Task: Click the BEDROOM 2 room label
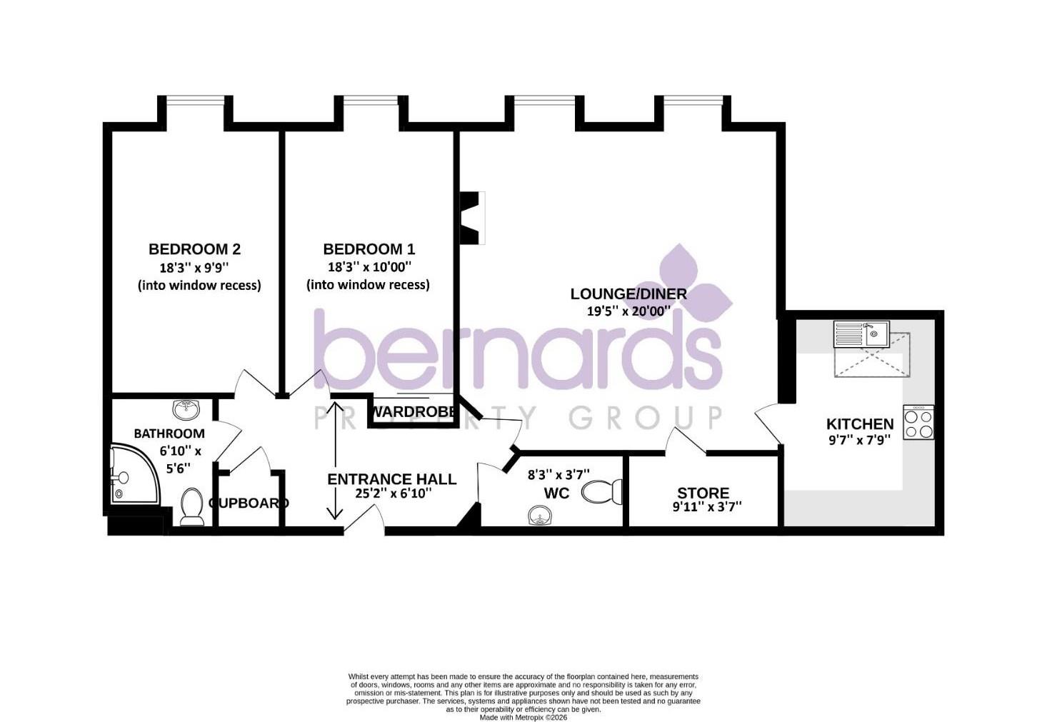pyautogui.click(x=194, y=249)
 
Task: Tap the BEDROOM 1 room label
pyautogui.click(x=369, y=249)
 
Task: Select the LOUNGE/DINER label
pyautogui.click(x=628, y=294)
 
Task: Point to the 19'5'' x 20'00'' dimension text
pyautogui.click(x=628, y=311)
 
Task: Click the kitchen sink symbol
pyautogui.click(x=861, y=335)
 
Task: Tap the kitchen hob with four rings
pyautogui.click(x=918, y=423)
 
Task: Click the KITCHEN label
pyautogui.click(x=860, y=424)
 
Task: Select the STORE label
pyautogui.click(x=703, y=493)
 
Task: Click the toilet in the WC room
pyautogui.click(x=602, y=492)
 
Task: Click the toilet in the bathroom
pyautogui.click(x=191, y=507)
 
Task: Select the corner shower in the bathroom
pyautogui.click(x=136, y=474)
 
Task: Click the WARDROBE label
pyautogui.click(x=414, y=412)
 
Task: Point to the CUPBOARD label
pyautogui.click(x=249, y=503)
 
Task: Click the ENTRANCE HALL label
pyautogui.click(x=391, y=479)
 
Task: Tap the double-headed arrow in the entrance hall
pyautogui.click(x=335, y=461)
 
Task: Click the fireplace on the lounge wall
pyautogui.click(x=473, y=218)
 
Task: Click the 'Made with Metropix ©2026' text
pyautogui.click(x=523, y=718)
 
